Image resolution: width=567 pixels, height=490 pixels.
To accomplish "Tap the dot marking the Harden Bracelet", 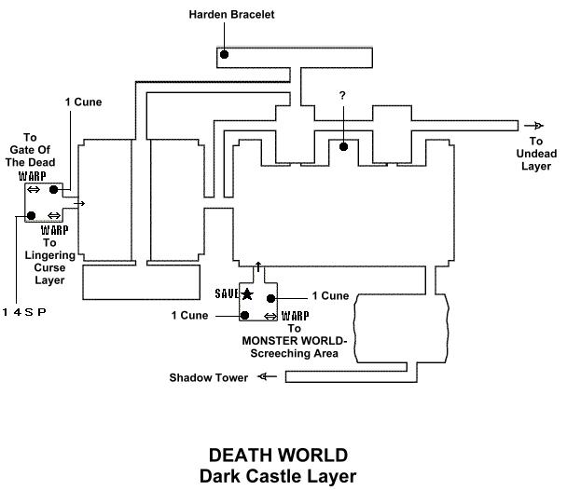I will (225, 56).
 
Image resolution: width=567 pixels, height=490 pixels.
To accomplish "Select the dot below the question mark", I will (344, 146).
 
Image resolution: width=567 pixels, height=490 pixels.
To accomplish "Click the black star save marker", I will (247, 294).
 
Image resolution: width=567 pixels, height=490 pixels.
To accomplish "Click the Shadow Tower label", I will (210, 378).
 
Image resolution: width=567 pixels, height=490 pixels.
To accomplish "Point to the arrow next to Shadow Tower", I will (268, 377).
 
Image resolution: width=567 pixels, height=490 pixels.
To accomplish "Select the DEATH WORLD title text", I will (278, 456).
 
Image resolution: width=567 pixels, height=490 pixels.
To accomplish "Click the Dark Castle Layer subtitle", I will (278, 476).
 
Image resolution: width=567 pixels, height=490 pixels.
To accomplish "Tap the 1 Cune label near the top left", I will (84, 101).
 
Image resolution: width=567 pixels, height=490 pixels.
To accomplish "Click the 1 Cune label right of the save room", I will (330, 296).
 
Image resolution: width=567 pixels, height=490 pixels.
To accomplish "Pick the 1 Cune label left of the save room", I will (189, 315).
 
